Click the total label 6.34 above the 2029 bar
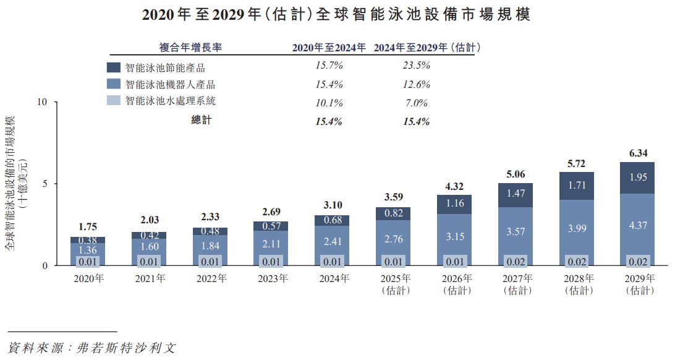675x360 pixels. click(x=638, y=153)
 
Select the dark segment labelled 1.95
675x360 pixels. click(x=637, y=178)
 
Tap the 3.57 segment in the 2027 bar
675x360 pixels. click(x=516, y=232)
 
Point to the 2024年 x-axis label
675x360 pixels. click(x=334, y=278)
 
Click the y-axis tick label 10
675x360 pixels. click(x=42, y=102)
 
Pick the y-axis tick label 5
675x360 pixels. click(x=45, y=184)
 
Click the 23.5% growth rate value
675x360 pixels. click(x=416, y=66)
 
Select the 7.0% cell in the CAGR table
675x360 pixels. click(x=416, y=103)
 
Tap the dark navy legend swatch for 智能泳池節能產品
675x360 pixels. click(x=114, y=67)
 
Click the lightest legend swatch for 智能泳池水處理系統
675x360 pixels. click(x=114, y=100)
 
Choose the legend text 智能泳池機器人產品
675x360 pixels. click(x=170, y=84)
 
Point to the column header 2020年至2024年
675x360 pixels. click(x=329, y=48)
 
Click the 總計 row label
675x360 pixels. click(x=202, y=120)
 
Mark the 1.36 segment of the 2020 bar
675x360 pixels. click(x=88, y=250)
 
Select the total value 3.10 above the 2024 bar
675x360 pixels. click(x=333, y=205)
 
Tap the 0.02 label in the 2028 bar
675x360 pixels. click(x=577, y=262)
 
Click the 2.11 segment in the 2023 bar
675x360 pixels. click(x=271, y=244)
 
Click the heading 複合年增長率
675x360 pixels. click(x=190, y=48)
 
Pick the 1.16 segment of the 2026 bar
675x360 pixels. click(x=454, y=204)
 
